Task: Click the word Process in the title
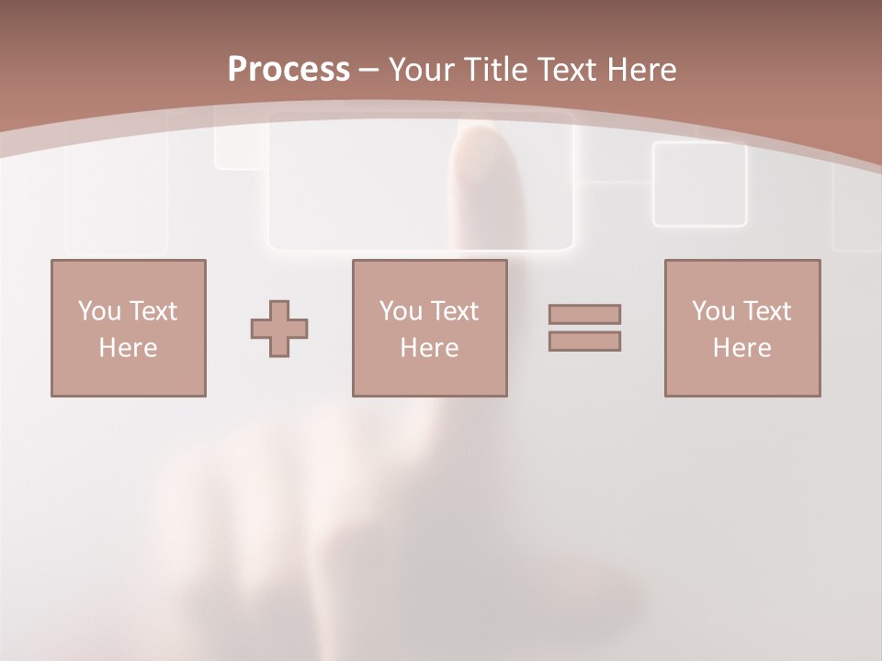[x=288, y=69]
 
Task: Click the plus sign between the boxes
[x=279, y=329]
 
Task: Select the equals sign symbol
[x=584, y=328]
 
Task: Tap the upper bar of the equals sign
[x=584, y=314]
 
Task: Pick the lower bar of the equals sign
[x=584, y=342]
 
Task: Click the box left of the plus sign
[x=129, y=328]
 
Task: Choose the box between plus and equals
[x=430, y=328]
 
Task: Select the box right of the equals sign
[x=742, y=328]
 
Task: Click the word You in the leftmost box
[x=99, y=311]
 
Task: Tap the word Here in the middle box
[x=430, y=348]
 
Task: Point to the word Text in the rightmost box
[x=767, y=311]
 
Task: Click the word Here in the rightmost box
[x=742, y=348]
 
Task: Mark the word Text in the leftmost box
[x=153, y=311]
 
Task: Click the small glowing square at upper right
[x=699, y=184]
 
